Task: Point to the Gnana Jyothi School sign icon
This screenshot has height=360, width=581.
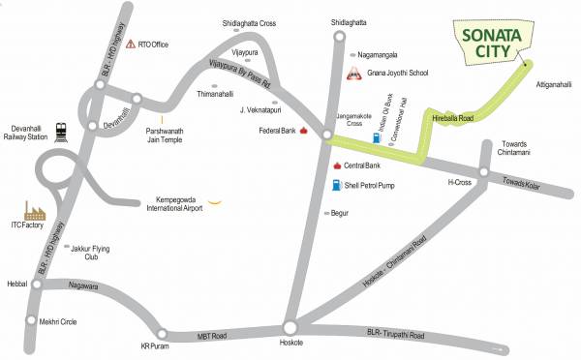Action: point(353,75)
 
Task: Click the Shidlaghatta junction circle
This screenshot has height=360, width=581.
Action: point(339,38)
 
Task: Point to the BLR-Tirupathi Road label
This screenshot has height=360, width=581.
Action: point(388,336)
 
